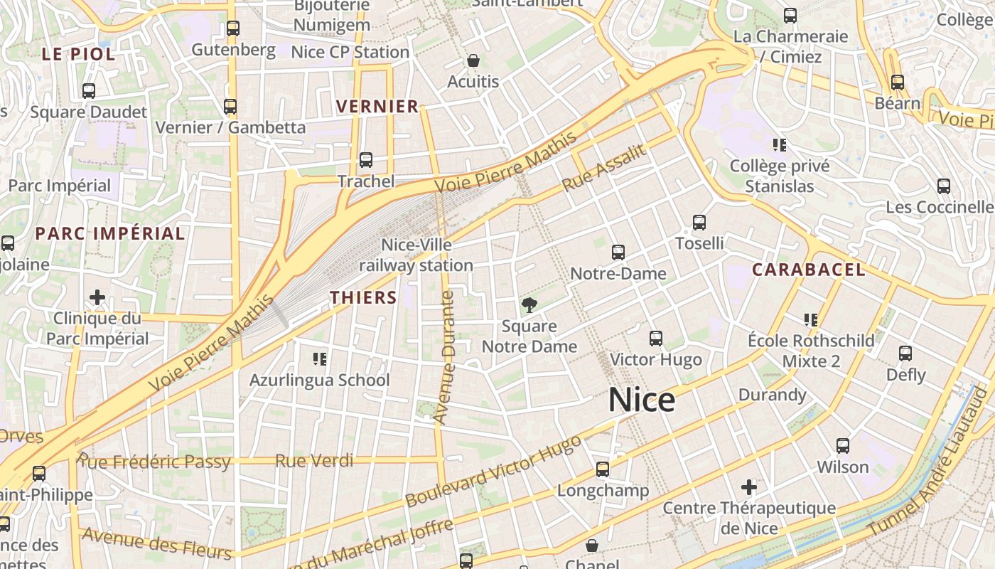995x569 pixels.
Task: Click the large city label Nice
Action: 641,400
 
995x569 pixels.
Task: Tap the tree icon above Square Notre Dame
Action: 529,306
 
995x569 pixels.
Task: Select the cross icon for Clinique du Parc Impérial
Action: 97,297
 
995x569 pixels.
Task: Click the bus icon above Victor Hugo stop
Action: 655,338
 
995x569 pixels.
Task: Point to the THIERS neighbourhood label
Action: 363,297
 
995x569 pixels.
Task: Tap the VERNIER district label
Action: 377,107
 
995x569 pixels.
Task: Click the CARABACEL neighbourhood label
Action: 809,270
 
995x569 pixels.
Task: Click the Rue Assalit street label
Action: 604,168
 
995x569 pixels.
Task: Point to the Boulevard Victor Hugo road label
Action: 493,471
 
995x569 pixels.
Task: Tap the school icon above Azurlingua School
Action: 320,359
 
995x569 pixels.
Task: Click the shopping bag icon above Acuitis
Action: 473,60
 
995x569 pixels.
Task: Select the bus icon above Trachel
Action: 365,160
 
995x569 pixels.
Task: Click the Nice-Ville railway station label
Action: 416,255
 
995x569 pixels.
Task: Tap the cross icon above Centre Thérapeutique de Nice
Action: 748,487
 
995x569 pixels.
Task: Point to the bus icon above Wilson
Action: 842,446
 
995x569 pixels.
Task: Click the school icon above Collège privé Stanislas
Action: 780,145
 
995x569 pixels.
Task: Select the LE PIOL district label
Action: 78,54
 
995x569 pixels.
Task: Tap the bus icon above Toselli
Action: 699,223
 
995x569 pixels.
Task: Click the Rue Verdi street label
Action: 314,461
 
